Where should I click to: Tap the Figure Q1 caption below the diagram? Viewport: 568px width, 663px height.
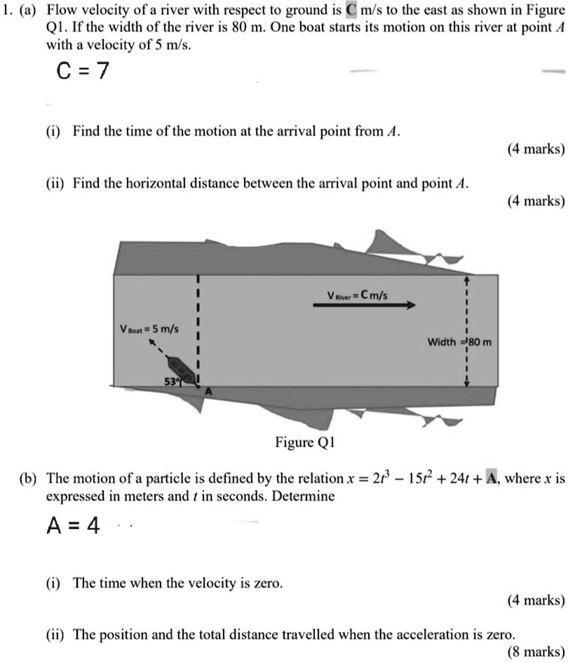click(x=306, y=443)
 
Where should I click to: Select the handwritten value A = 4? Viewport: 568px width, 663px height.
click(x=73, y=528)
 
